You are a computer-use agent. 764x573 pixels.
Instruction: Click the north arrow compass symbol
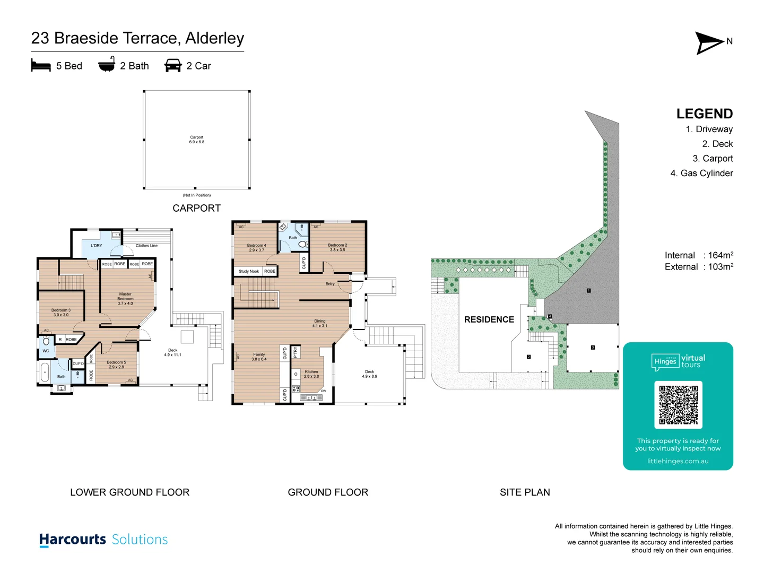[709, 43]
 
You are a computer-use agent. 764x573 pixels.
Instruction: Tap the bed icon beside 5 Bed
[41, 66]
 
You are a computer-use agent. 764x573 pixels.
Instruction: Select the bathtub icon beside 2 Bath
[107, 65]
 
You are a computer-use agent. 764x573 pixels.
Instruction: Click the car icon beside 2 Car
[173, 66]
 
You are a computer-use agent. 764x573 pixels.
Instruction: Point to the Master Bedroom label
[125, 299]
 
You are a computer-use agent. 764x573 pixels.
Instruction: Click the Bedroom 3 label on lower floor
[60, 312]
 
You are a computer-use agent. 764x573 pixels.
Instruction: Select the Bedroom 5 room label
[116, 364]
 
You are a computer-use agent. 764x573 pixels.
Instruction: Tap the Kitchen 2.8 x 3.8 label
[311, 374]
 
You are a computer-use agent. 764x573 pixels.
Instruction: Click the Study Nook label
[248, 271]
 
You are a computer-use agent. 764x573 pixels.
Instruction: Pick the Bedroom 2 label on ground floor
[337, 247]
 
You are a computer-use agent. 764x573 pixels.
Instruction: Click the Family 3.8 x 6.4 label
[259, 357]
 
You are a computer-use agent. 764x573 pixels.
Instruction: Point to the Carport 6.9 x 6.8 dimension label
[196, 140]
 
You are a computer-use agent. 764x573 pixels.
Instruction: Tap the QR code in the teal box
[678, 404]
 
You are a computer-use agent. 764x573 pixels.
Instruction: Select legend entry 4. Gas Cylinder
[701, 173]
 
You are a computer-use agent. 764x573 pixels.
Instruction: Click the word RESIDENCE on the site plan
[489, 319]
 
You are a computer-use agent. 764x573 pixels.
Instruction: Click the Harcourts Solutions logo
[103, 540]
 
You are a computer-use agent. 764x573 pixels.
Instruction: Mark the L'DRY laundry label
[97, 246]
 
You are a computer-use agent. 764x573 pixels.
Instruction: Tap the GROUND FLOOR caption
[328, 492]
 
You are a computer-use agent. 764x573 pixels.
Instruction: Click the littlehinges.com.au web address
[678, 461]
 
